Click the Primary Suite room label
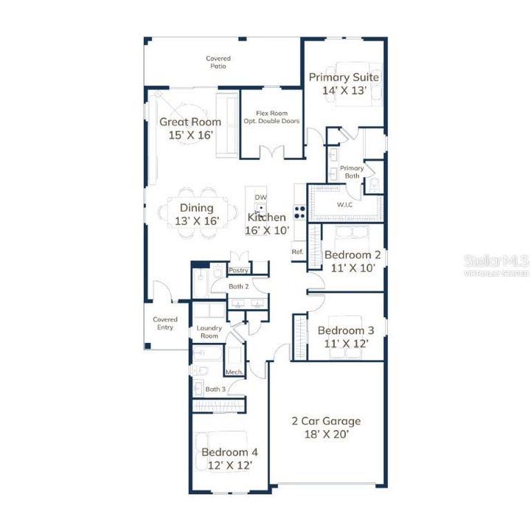(344, 77)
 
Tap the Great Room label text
(190, 122)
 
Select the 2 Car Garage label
(326, 421)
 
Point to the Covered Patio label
(218, 62)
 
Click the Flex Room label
(271, 114)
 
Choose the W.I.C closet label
(344, 204)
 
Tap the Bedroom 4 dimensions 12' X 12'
(229, 465)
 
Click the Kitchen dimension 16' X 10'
(266, 230)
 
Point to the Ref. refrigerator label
(297, 252)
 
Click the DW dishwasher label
(260, 198)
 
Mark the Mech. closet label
(235, 372)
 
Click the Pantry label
(238, 271)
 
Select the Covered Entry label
(165, 323)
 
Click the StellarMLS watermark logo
(496, 263)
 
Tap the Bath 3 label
(215, 389)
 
